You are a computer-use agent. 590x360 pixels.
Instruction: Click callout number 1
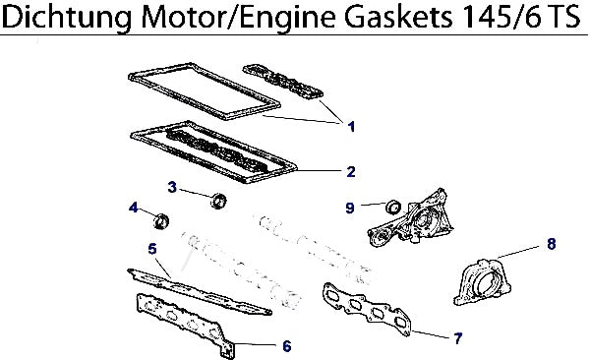(351, 127)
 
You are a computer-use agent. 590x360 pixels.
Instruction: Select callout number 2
(351, 172)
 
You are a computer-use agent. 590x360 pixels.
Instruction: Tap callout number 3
(172, 187)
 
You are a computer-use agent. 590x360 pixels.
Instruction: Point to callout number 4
(133, 208)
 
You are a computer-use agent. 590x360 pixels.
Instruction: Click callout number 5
(152, 249)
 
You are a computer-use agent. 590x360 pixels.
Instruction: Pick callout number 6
(287, 346)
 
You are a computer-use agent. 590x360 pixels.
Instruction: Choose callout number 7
(457, 338)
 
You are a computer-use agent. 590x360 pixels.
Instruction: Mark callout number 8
(552, 244)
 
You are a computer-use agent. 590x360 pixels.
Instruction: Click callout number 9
(350, 208)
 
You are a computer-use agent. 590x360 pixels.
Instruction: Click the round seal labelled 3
(218, 201)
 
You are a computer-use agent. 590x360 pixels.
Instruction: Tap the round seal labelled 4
(162, 221)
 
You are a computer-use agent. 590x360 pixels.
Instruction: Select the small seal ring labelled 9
(393, 207)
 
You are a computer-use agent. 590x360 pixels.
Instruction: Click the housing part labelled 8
(483, 281)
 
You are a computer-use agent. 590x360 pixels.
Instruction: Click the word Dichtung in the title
(67, 18)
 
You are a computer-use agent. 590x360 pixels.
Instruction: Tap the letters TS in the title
(564, 17)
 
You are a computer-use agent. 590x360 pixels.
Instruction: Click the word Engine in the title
(287, 18)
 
